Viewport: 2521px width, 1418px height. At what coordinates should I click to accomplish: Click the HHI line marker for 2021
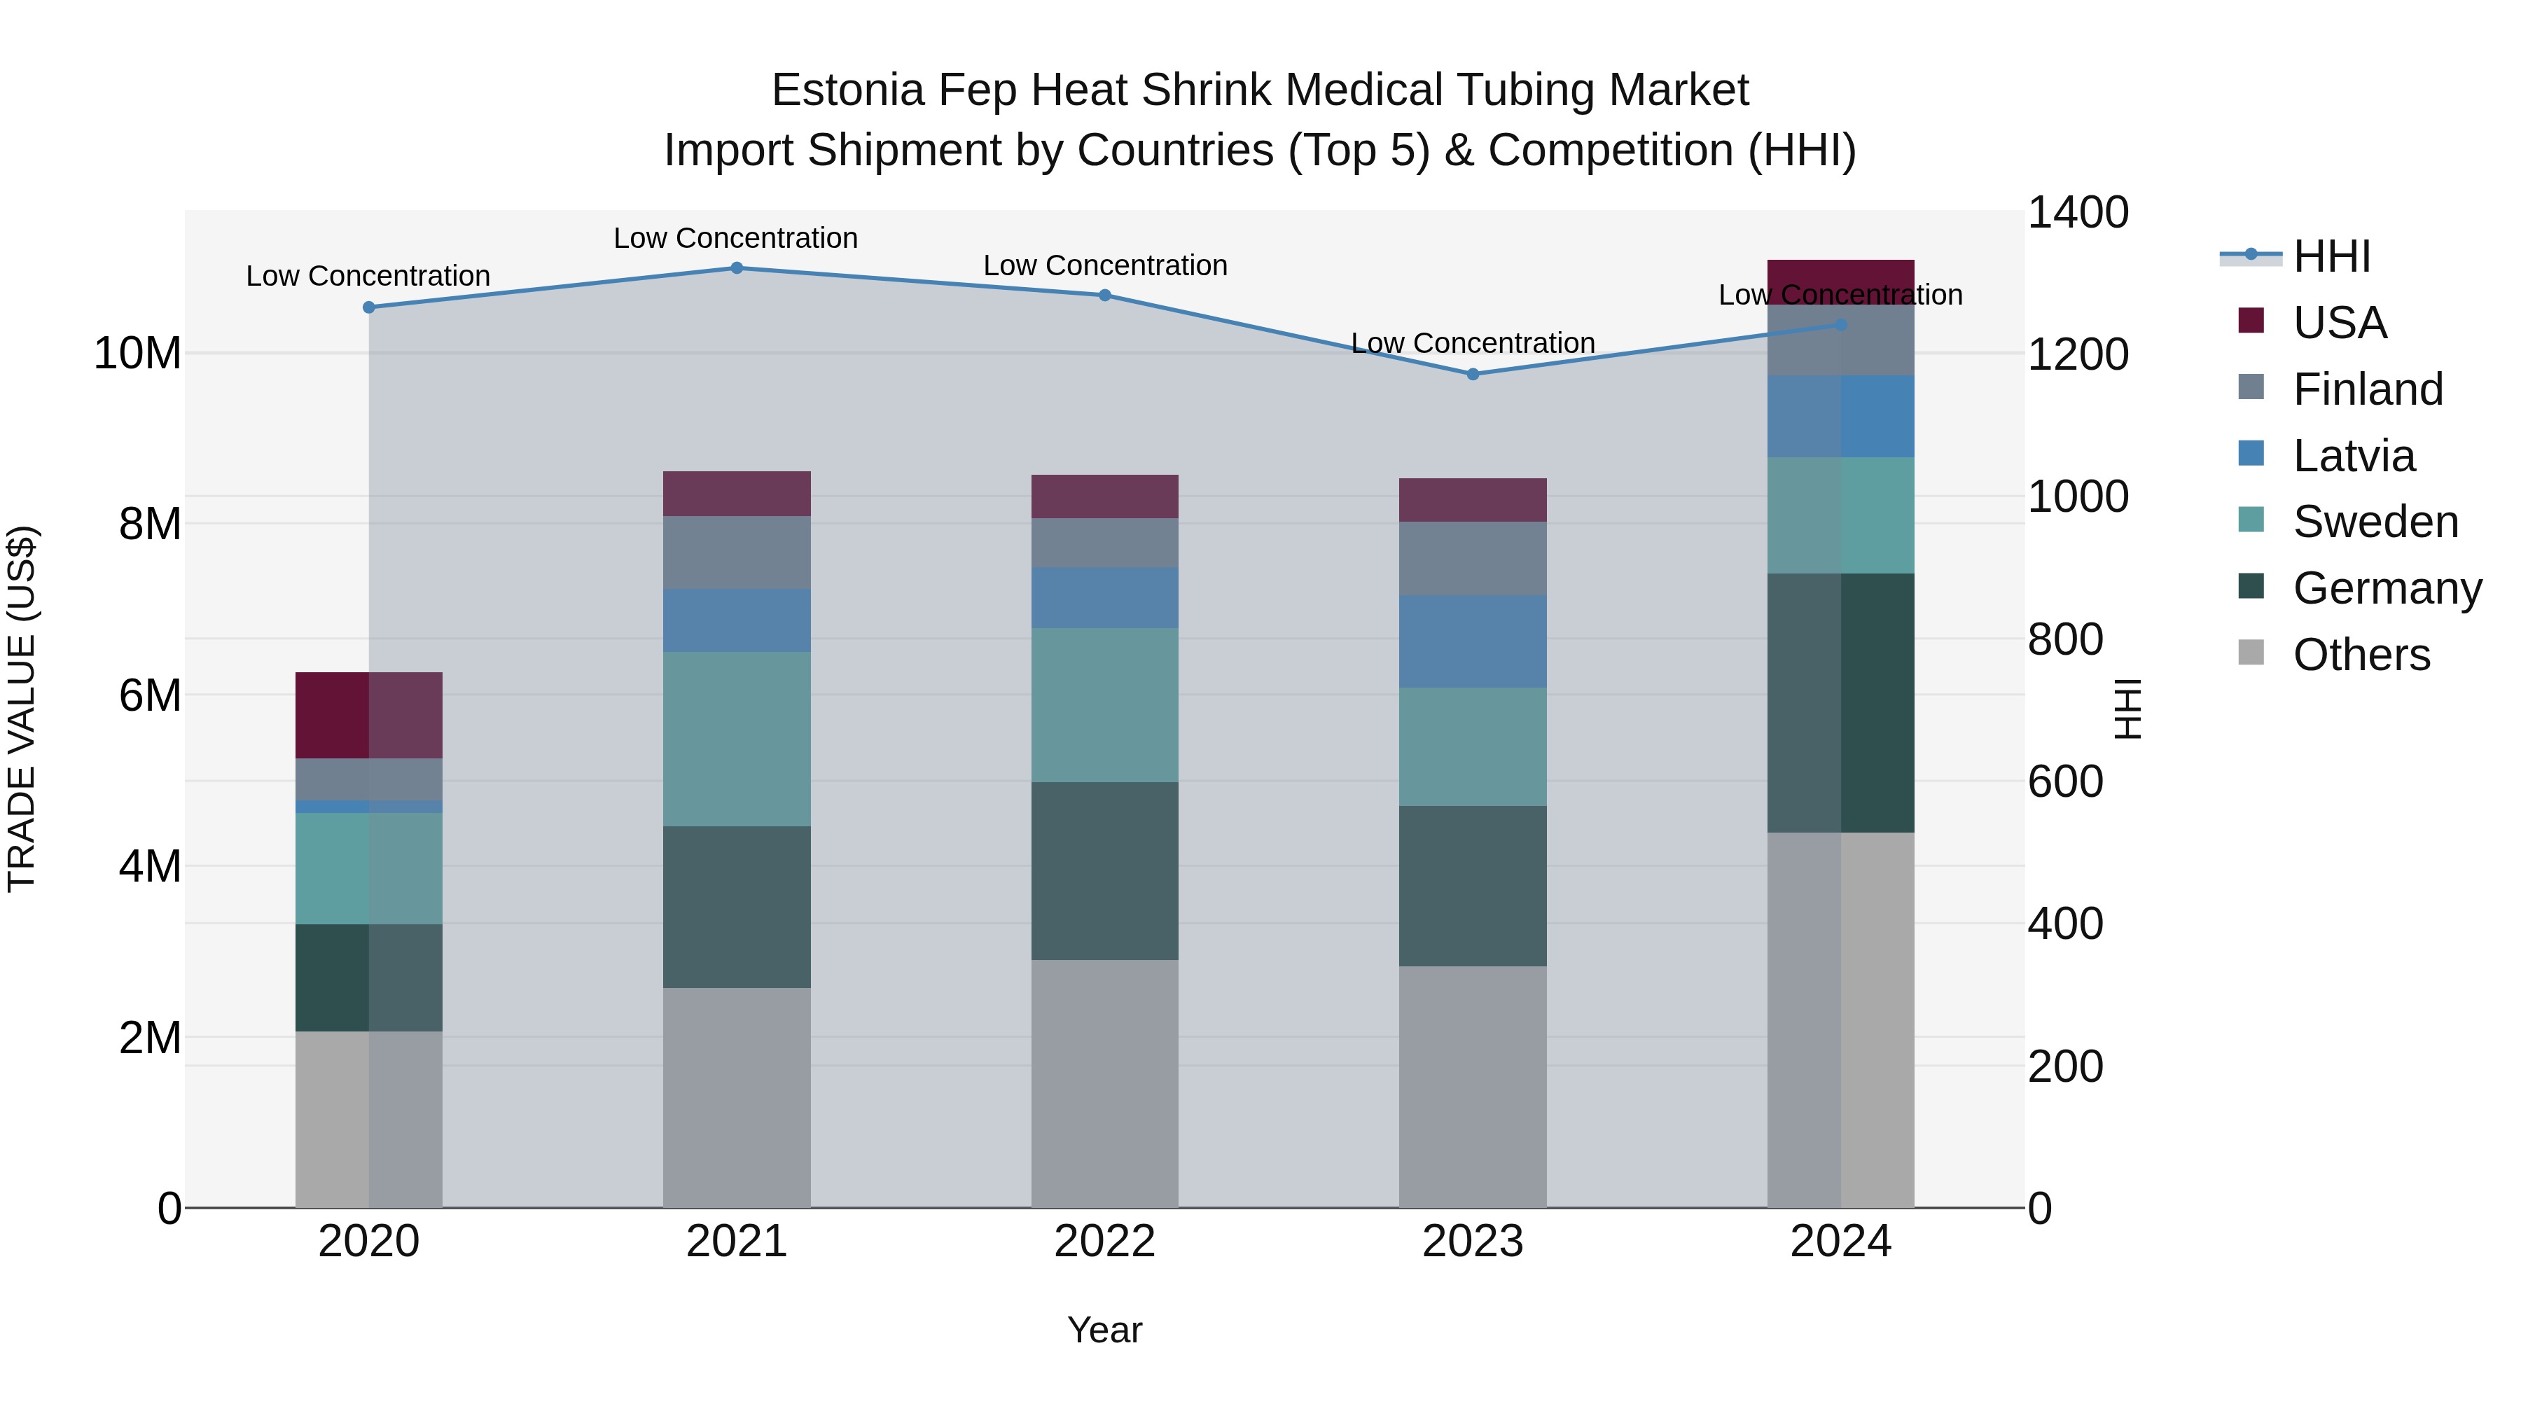tap(737, 268)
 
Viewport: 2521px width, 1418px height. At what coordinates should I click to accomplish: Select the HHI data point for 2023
tap(1473, 374)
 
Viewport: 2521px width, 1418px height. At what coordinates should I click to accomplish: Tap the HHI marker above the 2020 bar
tap(369, 307)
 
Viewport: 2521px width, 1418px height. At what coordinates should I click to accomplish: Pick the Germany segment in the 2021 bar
tap(737, 906)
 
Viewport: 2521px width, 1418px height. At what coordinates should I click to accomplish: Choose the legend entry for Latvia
tap(2353, 456)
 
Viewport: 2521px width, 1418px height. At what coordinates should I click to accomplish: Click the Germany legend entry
tap(2386, 588)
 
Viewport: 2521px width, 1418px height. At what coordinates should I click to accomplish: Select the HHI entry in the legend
tap(2331, 256)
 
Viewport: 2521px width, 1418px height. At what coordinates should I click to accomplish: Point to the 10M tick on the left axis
tap(137, 354)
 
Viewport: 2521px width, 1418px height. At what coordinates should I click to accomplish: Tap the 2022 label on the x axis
tap(1105, 1242)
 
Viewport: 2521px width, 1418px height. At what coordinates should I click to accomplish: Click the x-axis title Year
tap(1105, 1330)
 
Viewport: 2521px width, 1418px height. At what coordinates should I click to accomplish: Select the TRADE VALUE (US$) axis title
tap(22, 709)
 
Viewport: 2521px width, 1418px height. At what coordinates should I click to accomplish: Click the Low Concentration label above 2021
tap(736, 238)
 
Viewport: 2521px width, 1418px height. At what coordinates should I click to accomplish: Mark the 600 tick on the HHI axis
tap(2065, 782)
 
